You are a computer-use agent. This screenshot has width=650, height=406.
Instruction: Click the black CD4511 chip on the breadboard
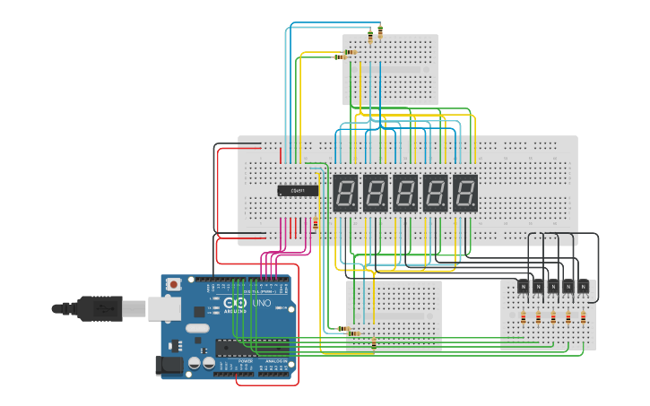click(x=298, y=190)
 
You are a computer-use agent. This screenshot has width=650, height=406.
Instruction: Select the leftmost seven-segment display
click(x=345, y=193)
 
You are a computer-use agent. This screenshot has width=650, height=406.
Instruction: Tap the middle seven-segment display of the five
click(x=405, y=193)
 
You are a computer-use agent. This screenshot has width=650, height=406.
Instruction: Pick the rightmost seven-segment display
click(x=464, y=193)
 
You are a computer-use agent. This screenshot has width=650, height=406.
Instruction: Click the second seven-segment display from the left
click(x=375, y=193)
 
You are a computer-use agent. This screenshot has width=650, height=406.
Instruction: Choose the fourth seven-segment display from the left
click(x=435, y=193)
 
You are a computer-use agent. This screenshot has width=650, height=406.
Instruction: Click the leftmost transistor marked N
click(x=523, y=287)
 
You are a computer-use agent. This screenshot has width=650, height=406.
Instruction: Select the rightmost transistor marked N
click(x=584, y=287)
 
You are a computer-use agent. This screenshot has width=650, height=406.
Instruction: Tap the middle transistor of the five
click(x=553, y=287)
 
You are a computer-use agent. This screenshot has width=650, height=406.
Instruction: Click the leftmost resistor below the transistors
click(x=523, y=316)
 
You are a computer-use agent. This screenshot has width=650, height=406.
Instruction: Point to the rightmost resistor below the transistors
click(x=584, y=316)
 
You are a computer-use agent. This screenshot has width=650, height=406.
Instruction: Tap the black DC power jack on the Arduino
click(x=168, y=365)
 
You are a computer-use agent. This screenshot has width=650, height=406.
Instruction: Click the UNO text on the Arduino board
click(x=261, y=304)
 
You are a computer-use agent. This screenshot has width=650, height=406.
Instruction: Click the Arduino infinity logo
click(x=236, y=304)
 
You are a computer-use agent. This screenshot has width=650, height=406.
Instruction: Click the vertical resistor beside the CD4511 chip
click(x=316, y=223)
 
